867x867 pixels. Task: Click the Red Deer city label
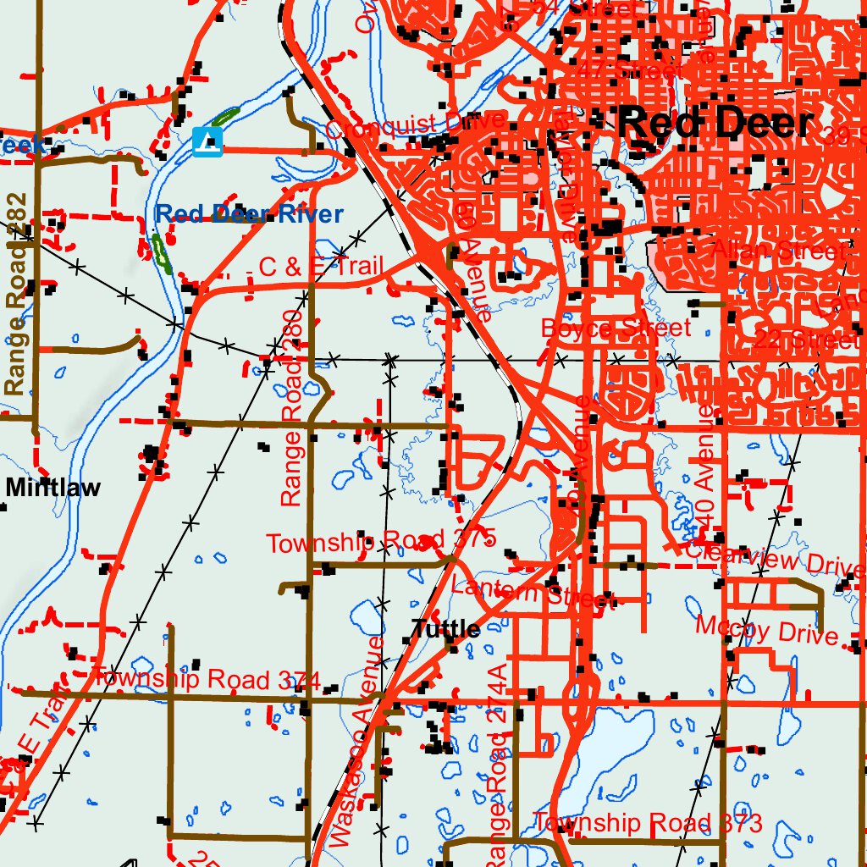[x=715, y=124]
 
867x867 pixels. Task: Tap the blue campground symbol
[x=207, y=141]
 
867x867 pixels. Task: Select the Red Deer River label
[x=249, y=214]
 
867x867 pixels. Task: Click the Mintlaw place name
[x=52, y=487]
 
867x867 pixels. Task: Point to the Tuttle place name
[x=445, y=629]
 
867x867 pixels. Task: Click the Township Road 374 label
[x=206, y=679]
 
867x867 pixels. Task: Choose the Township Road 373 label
[x=648, y=823]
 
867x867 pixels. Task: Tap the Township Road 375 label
[x=379, y=542]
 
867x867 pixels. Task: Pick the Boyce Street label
[x=616, y=328]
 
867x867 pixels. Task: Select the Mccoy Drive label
[x=766, y=631]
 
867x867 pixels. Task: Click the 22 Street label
[x=804, y=341]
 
